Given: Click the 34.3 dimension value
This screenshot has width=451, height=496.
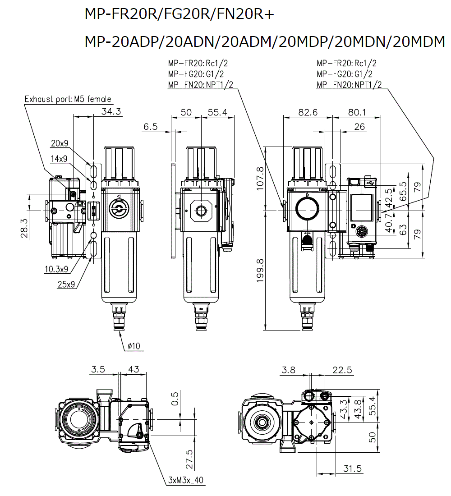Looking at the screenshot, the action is pos(111,112).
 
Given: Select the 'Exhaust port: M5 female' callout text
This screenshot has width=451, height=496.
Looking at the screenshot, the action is pos(68,99).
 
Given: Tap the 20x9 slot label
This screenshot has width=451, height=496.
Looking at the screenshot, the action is pos(60,143).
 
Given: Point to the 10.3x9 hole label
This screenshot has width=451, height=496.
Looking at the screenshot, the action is pos(56,269).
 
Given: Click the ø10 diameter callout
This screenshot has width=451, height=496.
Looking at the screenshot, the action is pos(134,346).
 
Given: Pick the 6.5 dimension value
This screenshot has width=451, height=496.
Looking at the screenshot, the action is pos(151,127).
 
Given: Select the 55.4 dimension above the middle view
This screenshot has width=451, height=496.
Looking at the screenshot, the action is pos(217,112).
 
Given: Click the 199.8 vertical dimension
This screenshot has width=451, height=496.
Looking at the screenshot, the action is pos(260,271).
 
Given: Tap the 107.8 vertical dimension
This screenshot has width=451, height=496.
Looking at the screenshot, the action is pos(260,179).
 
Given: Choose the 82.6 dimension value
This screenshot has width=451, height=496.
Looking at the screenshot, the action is pos(308,112).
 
